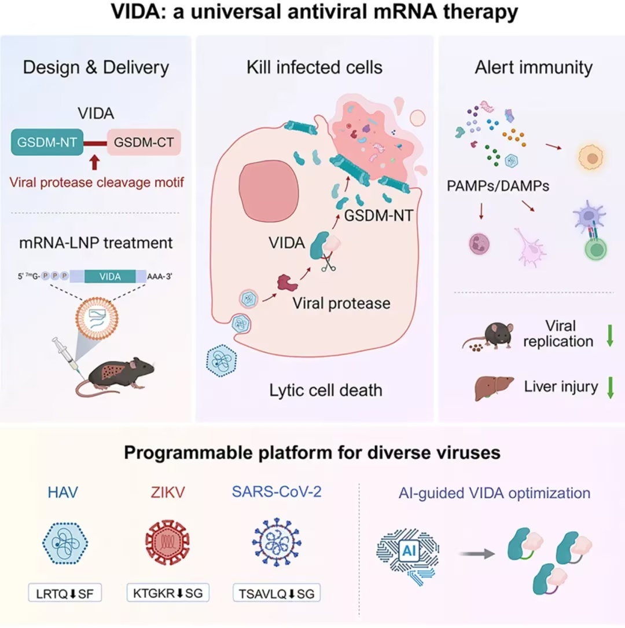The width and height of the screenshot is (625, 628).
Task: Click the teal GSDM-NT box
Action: (47, 142)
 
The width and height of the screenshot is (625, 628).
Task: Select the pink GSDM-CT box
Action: (144, 142)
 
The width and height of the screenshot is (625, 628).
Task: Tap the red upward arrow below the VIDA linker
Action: (94, 163)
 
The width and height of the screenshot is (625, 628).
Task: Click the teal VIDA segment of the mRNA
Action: (110, 276)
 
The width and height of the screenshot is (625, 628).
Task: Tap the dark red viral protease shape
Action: (288, 283)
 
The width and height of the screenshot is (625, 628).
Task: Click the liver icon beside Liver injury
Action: (494, 388)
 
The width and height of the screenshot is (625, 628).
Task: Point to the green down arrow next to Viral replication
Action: (610, 335)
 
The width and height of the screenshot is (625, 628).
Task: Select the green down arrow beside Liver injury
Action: (610, 388)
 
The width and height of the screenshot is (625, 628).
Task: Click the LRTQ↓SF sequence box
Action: (65, 593)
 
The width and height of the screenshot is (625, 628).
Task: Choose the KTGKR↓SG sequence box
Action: (168, 592)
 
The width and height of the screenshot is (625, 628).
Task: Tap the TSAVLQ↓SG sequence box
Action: (277, 593)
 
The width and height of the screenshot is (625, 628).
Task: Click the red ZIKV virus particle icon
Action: (167, 542)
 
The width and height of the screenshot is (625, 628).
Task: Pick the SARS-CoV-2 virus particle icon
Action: (277, 542)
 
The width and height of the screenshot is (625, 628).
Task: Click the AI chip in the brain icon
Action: (409, 551)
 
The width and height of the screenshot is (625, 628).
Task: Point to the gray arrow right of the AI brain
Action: (477, 554)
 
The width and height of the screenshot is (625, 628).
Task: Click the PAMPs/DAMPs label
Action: (498, 186)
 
